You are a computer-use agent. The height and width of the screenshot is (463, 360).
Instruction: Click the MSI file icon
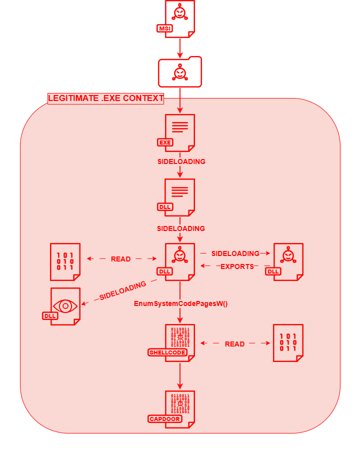pyautogui.click(x=179, y=18)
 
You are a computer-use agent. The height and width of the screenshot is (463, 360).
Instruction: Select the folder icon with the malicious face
pyautogui.click(x=180, y=72)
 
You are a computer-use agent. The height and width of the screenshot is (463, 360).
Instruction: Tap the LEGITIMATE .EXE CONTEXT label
pyautogui.click(x=106, y=98)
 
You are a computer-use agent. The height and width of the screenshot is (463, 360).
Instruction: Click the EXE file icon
pyautogui.click(x=179, y=132)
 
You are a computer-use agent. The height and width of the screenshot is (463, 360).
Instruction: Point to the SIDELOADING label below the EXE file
pyautogui.click(x=181, y=162)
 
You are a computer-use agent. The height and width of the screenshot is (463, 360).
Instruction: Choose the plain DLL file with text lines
pyautogui.click(x=179, y=197)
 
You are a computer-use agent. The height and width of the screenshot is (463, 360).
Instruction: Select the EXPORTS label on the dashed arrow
pyautogui.click(x=237, y=266)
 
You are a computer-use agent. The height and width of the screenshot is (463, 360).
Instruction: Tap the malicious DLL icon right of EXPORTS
pyautogui.click(x=287, y=261)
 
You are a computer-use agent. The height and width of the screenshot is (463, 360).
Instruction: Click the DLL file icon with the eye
pyautogui.click(x=65, y=306)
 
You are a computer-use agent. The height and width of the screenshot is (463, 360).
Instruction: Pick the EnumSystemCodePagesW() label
pyautogui.click(x=181, y=303)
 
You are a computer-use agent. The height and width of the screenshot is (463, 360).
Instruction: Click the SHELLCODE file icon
pyautogui.click(x=179, y=342)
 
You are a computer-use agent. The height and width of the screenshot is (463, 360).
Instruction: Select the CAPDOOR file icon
pyautogui.click(x=179, y=409)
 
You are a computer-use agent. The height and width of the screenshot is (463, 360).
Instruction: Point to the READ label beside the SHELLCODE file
pyautogui.click(x=234, y=344)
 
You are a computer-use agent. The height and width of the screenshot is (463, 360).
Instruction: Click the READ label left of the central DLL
pyautogui.click(x=120, y=259)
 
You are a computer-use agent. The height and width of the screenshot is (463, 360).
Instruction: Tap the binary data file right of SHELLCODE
pyautogui.click(x=288, y=342)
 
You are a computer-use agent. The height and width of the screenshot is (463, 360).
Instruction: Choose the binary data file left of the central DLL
pyautogui.click(x=65, y=261)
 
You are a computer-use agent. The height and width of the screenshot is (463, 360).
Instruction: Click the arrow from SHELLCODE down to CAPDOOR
pyautogui.click(x=179, y=375)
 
